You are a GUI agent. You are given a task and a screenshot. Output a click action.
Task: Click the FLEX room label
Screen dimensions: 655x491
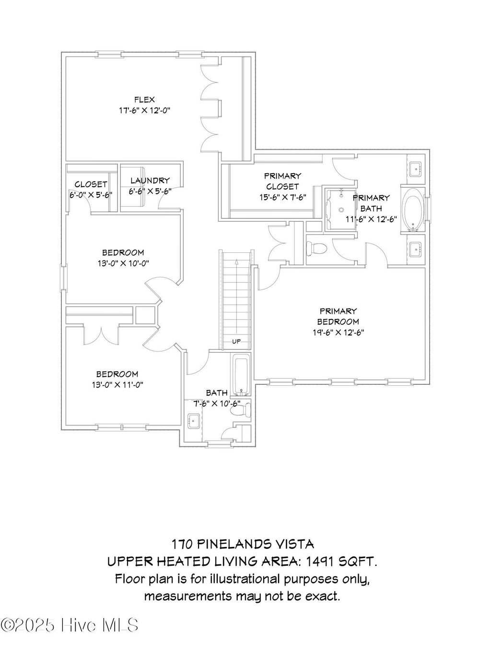(144, 100)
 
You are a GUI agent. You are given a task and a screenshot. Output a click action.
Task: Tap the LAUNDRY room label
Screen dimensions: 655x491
(150, 181)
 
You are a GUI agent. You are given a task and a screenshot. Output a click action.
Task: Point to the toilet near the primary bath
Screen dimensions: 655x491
(316, 249)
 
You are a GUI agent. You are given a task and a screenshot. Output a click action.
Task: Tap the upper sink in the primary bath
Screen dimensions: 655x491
(416, 168)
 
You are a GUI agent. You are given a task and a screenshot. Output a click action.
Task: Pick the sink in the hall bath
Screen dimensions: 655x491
(195, 421)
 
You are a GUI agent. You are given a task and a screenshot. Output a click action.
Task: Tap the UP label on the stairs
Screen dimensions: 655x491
(236, 342)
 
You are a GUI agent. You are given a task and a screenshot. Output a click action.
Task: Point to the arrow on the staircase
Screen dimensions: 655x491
(236, 262)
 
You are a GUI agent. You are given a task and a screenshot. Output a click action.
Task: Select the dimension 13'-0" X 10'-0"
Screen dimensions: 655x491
(123, 263)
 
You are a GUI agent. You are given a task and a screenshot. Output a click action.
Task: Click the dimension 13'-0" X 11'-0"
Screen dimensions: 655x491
(117, 384)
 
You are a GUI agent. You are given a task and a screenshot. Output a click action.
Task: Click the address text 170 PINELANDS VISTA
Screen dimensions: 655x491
(243, 544)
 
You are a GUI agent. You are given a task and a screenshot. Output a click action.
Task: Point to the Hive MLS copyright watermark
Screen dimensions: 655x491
(70, 625)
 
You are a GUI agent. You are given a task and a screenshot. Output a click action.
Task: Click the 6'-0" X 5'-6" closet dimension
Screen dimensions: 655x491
(91, 195)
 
